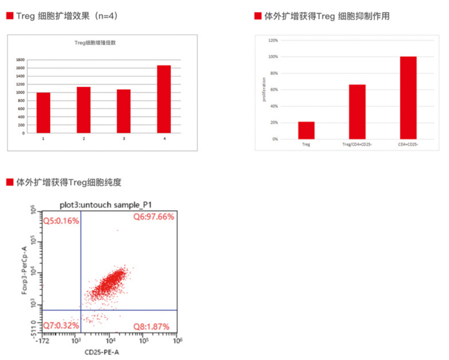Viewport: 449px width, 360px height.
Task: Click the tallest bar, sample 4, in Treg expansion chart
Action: coord(164,99)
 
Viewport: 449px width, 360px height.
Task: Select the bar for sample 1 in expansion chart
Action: coord(43,113)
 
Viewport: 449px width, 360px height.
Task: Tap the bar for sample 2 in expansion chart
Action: coord(84,110)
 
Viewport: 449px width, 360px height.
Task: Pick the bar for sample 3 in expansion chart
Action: coord(124,111)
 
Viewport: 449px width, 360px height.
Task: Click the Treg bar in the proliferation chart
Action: coord(306,130)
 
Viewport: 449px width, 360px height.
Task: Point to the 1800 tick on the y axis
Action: coord(20,60)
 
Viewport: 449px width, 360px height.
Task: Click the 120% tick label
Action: coord(273,40)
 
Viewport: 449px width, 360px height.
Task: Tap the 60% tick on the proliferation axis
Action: coord(274,90)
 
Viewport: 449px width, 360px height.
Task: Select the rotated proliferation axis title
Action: coord(264,89)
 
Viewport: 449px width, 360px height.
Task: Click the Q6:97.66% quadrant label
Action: coord(153,217)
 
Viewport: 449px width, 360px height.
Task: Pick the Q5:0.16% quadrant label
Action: coord(61,221)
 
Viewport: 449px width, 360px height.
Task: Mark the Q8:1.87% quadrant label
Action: coord(151,326)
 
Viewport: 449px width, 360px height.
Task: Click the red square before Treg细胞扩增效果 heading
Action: coord(10,16)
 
